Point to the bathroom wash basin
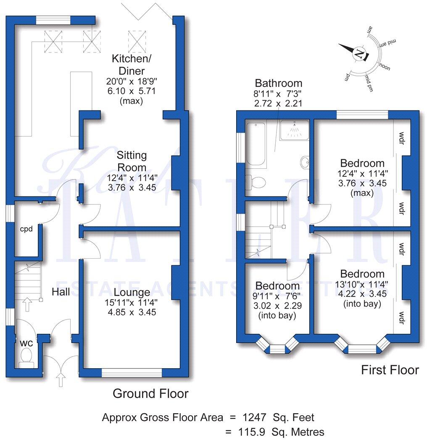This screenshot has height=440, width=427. point(305,162)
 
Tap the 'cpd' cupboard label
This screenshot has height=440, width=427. point(26,229)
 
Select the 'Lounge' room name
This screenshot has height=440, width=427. point(132,292)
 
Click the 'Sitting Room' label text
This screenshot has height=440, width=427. point(132,161)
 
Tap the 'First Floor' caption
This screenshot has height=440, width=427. point(390,370)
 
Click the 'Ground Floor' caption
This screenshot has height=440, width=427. point(150,393)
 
